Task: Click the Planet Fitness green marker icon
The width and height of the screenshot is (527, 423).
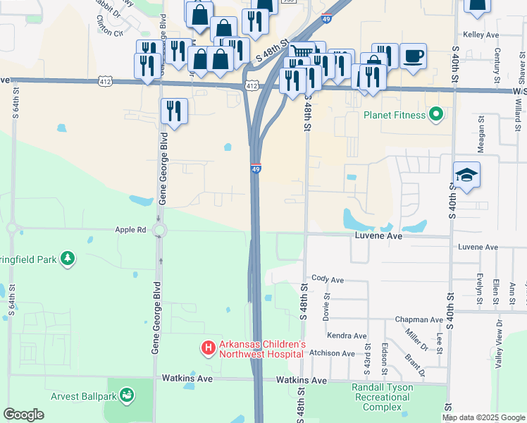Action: [x=437, y=114]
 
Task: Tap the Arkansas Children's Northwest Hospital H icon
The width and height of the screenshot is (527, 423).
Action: [x=208, y=348]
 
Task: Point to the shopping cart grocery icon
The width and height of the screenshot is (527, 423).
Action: [x=302, y=51]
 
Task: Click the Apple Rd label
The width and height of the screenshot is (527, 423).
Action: [x=131, y=230]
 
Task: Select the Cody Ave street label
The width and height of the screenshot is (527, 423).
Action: [x=328, y=280]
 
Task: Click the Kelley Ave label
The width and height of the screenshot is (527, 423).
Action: [x=480, y=34]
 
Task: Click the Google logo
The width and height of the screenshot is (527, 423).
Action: [x=23, y=415]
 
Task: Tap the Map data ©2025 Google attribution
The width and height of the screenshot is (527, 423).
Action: [x=484, y=417]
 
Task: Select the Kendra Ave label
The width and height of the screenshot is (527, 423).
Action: [x=347, y=336]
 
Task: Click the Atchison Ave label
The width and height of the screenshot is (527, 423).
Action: [x=333, y=353]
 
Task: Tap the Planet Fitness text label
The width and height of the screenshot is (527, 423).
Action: [x=395, y=115]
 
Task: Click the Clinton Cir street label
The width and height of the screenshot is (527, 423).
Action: [x=108, y=33]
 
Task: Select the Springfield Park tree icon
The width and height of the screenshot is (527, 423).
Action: [x=68, y=259]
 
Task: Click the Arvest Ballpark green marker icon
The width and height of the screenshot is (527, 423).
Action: [x=127, y=396]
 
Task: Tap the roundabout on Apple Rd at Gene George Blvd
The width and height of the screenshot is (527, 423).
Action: [x=159, y=230]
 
